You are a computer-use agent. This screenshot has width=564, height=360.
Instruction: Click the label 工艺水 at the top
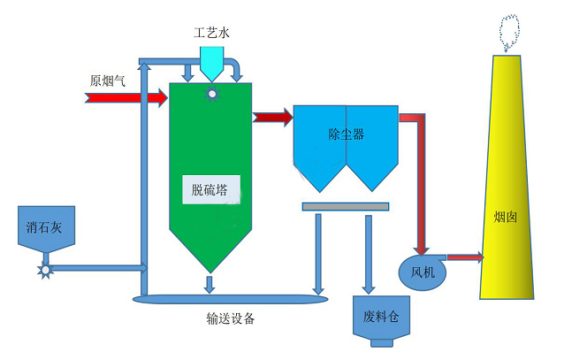[212, 34]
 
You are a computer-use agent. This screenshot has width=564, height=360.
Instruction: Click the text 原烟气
[108, 80]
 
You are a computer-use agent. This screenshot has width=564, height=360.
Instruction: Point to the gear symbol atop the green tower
[212, 93]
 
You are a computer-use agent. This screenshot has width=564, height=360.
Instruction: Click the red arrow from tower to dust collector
[272, 117]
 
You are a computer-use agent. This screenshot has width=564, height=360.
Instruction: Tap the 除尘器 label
[346, 134]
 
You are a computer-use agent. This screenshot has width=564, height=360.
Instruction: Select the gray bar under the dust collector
[345, 206]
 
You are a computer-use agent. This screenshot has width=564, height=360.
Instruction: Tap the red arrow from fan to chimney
[464, 257]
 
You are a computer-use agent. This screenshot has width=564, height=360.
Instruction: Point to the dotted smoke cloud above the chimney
[510, 33]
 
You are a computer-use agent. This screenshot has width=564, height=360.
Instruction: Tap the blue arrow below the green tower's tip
[210, 283]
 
